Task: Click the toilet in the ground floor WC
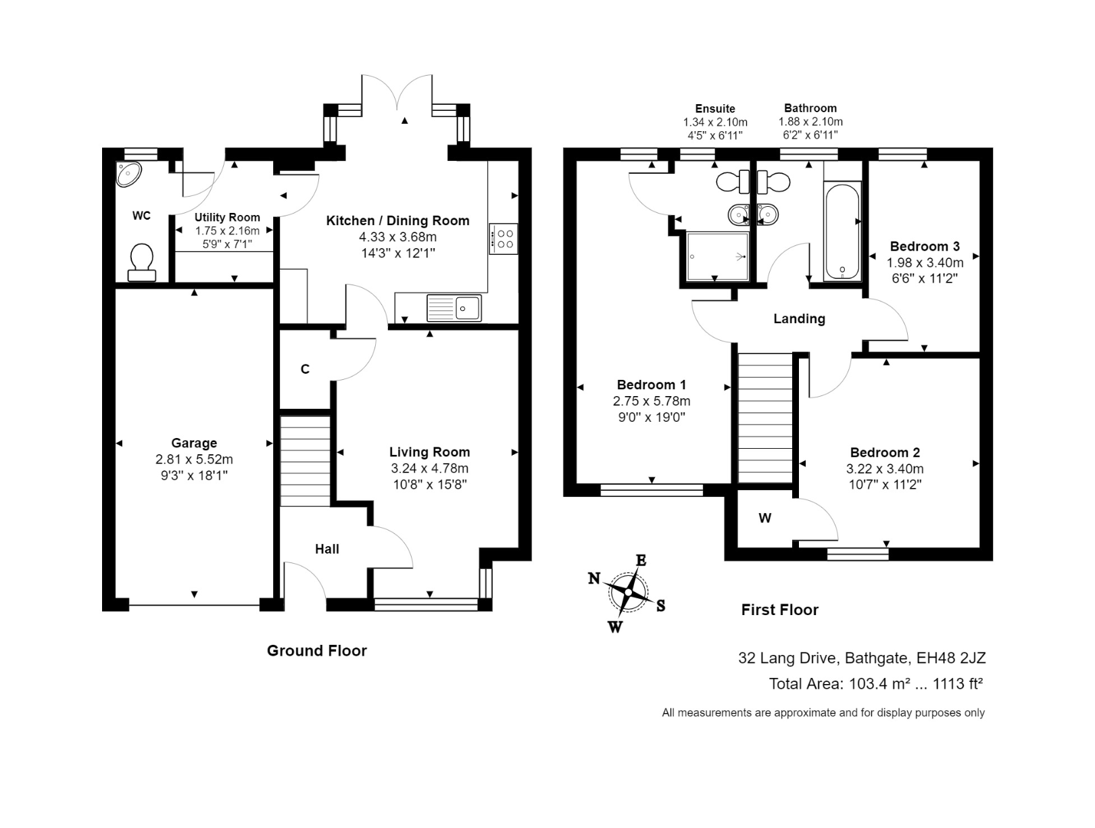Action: point(141,262)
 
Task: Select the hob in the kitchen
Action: point(504,239)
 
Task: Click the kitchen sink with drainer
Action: point(454,308)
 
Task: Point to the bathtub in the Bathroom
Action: point(842,231)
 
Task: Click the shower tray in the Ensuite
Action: point(717,256)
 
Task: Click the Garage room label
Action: point(194,443)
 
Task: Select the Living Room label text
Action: point(429,452)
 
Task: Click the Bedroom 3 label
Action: point(924,246)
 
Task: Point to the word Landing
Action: point(799,319)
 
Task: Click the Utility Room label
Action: point(227,218)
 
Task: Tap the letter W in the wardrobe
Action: point(764,518)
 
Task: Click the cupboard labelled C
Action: point(305,369)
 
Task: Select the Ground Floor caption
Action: point(316,651)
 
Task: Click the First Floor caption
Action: point(779,610)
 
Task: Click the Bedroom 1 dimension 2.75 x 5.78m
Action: point(652,401)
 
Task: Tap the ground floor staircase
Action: point(305,461)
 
